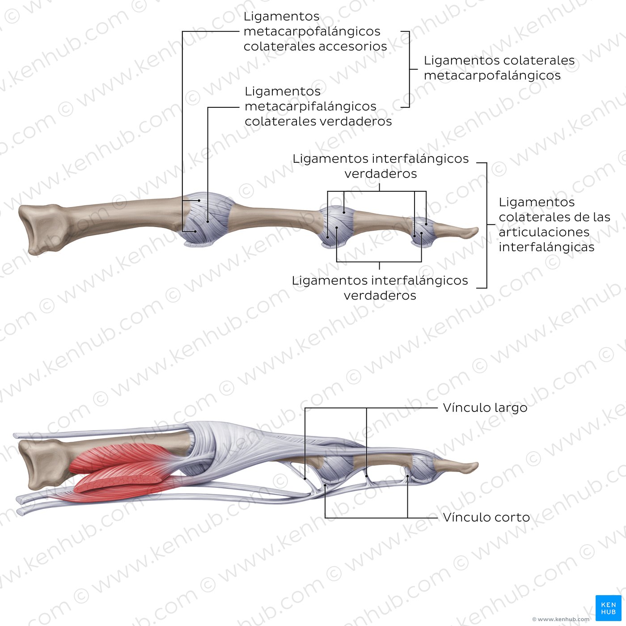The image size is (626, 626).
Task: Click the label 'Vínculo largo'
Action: click(x=485, y=408)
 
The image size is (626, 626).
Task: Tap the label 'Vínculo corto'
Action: click(x=486, y=517)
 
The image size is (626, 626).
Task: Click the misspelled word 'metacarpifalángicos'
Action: click(x=310, y=106)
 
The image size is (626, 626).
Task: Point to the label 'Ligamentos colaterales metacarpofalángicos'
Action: click(x=499, y=68)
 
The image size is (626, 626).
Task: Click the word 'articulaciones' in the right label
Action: click(x=544, y=232)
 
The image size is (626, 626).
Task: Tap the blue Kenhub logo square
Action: click(x=608, y=608)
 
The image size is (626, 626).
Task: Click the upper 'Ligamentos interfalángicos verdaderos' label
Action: click(x=381, y=166)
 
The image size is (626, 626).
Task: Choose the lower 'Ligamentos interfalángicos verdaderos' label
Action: click(x=380, y=288)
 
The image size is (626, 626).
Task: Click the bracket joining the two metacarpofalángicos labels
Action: click(x=409, y=69)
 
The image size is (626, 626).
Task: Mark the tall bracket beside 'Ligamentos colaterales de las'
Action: click(x=486, y=225)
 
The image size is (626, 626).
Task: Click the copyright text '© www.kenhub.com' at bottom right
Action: click(x=561, y=619)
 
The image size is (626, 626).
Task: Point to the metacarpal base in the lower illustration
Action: click(x=40, y=463)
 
